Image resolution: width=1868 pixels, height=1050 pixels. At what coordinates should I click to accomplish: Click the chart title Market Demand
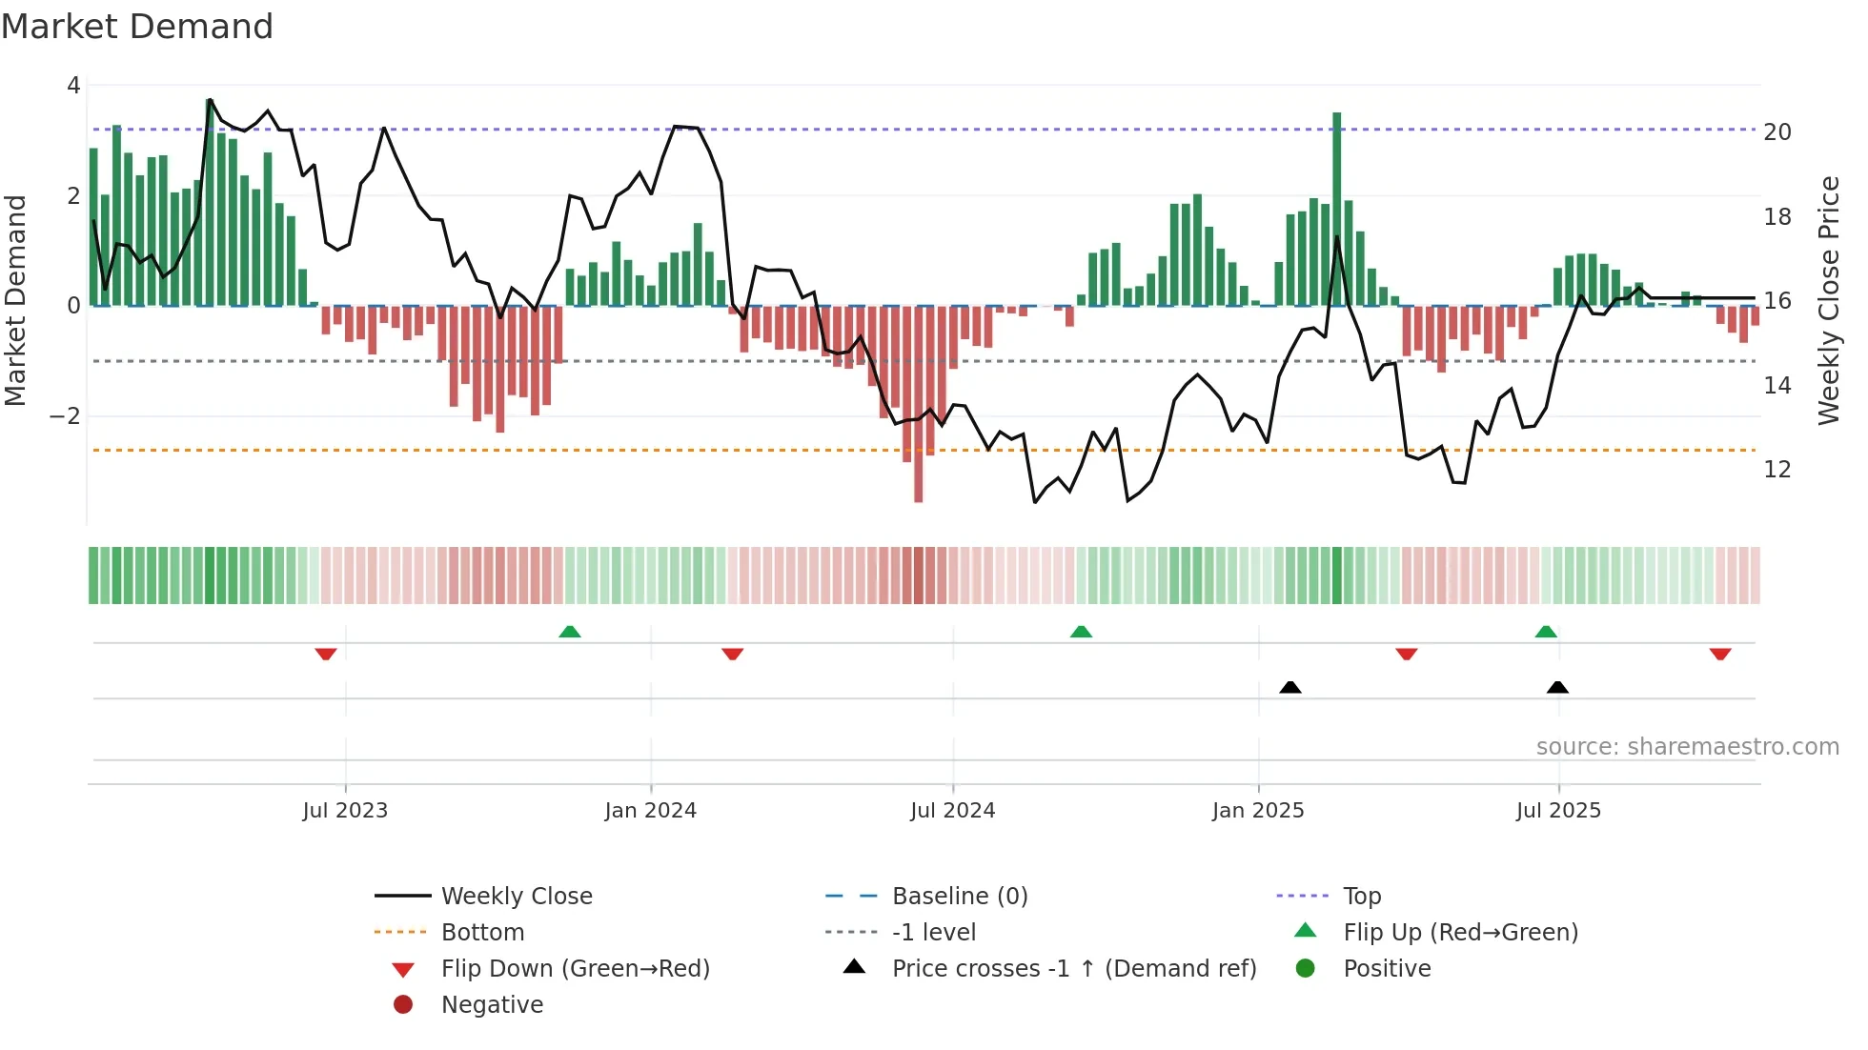pyautogui.click(x=137, y=27)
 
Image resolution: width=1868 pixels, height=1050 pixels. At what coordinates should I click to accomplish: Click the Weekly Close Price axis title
pyautogui.click(x=1828, y=300)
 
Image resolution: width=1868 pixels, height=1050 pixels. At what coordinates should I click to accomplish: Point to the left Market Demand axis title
pyautogui.click(x=16, y=300)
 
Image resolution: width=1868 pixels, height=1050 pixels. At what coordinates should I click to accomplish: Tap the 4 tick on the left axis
pyautogui.click(x=73, y=86)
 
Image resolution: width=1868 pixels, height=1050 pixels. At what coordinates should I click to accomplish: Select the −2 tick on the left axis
pyautogui.click(x=65, y=416)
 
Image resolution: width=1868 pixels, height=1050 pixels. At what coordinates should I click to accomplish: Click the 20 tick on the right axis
pyautogui.click(x=1777, y=132)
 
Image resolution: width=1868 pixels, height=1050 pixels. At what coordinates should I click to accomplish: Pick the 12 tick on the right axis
pyautogui.click(x=1777, y=470)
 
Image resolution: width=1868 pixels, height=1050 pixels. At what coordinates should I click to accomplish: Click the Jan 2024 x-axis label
pyautogui.click(x=650, y=811)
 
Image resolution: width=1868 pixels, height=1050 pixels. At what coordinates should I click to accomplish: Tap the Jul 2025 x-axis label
pyautogui.click(x=1558, y=811)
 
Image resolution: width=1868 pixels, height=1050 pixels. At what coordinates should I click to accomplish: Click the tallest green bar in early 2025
pyautogui.click(x=1337, y=210)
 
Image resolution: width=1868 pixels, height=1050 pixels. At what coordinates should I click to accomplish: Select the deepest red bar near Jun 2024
pyautogui.click(x=918, y=404)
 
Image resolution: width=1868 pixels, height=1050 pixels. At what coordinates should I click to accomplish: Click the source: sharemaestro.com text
pyautogui.click(x=1687, y=747)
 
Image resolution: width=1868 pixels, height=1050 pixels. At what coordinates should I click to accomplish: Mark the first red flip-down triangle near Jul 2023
pyautogui.click(x=326, y=654)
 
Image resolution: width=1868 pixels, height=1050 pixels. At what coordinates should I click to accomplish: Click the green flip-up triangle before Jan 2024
pyautogui.click(x=569, y=632)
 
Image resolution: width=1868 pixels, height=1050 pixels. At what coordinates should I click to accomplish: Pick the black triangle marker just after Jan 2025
pyautogui.click(x=1290, y=687)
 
